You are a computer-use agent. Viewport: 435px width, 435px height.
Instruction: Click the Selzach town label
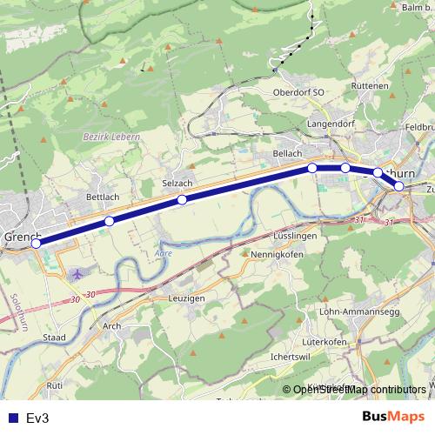(177, 184)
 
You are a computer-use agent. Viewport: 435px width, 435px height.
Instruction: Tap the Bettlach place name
(103, 197)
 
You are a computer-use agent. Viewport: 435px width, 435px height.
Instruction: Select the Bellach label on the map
(287, 153)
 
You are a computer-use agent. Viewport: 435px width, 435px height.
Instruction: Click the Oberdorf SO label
(298, 92)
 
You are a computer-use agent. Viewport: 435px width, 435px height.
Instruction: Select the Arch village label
(112, 326)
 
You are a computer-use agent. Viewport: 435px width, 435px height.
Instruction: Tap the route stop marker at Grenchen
(36, 244)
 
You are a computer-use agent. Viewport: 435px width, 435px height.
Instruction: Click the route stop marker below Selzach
(182, 200)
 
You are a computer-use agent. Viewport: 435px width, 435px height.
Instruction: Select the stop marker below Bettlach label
(109, 222)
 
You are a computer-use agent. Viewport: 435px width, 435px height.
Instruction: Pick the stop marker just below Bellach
(312, 167)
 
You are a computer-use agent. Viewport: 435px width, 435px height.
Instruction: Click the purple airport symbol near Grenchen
(78, 274)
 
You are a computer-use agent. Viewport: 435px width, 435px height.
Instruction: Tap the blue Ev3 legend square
(11, 418)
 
